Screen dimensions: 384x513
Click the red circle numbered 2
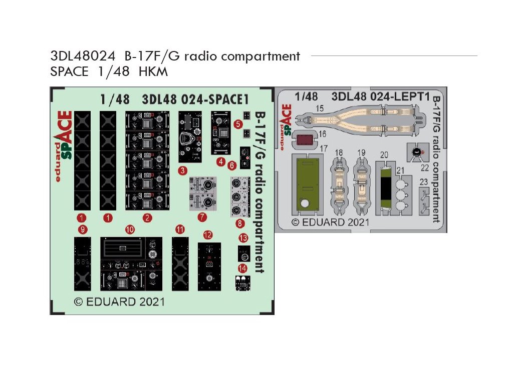pos(147,217)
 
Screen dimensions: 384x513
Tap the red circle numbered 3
pos(183,170)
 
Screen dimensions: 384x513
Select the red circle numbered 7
pos(202,217)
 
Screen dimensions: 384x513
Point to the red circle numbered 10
pos(130,229)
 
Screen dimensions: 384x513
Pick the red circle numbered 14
pos(242,268)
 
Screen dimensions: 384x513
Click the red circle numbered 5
pos(238,123)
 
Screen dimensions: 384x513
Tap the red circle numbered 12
pos(208,234)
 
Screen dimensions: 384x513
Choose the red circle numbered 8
pos(241,223)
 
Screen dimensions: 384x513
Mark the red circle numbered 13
pos(243,237)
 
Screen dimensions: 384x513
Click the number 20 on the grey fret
pos(384,155)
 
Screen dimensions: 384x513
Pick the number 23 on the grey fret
pos(424,182)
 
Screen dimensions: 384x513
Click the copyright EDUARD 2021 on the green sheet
pos(119,301)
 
